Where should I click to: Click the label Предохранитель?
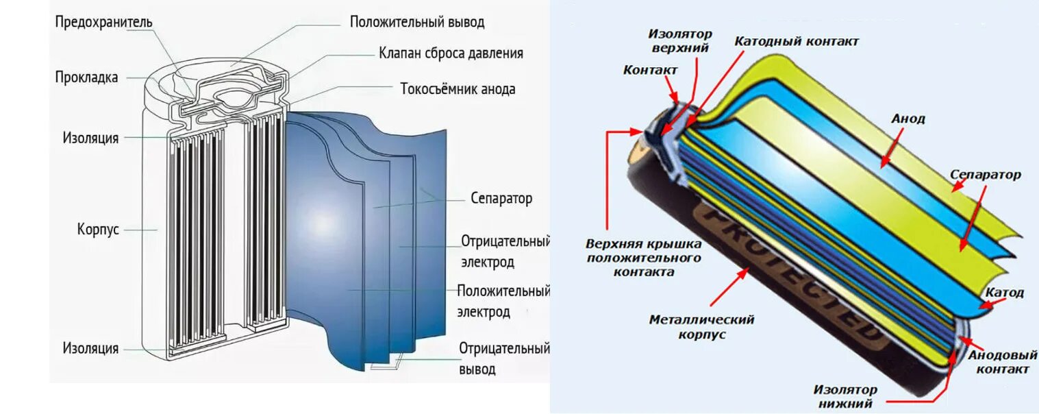104,22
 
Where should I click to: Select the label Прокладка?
86,77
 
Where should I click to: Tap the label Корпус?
98,229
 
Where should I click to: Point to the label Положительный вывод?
417,22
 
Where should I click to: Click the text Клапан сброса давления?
451,53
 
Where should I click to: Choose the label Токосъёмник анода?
458,89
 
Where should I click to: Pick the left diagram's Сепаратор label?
501,199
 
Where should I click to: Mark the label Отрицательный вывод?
504,358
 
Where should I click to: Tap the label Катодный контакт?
797,41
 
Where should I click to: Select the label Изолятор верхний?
680,40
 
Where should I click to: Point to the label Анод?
907,119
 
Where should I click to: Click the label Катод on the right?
1005,293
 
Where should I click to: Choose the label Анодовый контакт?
998,363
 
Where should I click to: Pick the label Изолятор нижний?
845,396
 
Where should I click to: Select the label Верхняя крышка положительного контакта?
644,258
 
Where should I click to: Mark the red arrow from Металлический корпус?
730,287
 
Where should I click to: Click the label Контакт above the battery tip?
650,70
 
